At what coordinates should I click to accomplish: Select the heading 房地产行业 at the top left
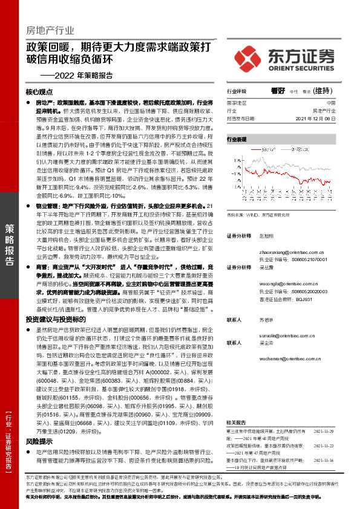click(x=50, y=30)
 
